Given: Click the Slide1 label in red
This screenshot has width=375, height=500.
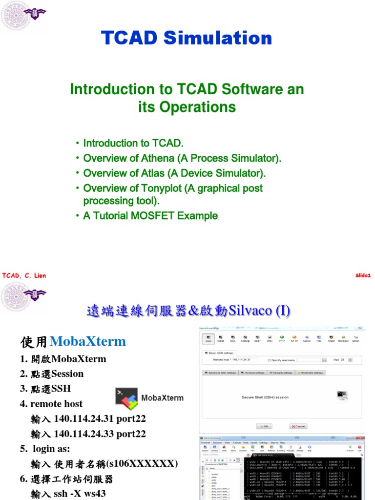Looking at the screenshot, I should click(363, 275).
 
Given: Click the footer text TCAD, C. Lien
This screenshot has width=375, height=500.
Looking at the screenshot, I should click(24, 276).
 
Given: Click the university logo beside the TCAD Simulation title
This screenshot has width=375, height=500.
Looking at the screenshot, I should click(17, 16).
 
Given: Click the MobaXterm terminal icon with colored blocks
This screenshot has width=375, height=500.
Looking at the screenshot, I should click(126, 398).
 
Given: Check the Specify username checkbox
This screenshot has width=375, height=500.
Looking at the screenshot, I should click(270, 360).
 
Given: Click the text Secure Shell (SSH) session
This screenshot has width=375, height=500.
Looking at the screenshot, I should click(265, 397).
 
